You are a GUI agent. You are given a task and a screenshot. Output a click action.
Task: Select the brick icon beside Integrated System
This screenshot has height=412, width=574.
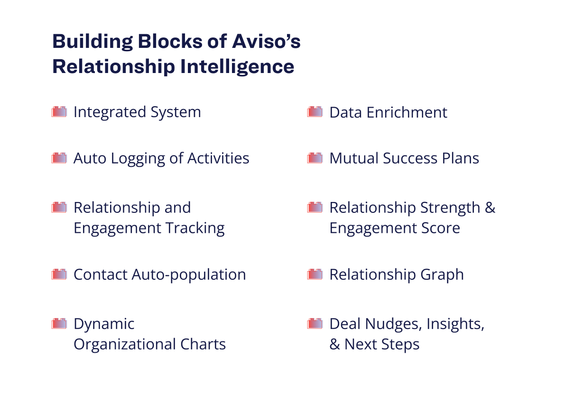click(x=59, y=112)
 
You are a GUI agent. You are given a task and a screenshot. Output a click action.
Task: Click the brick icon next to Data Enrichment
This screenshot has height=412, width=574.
click(x=315, y=112)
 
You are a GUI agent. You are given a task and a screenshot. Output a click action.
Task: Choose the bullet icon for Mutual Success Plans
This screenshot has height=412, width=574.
click(x=315, y=158)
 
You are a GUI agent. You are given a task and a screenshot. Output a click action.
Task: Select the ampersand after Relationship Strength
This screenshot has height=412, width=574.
click(x=490, y=208)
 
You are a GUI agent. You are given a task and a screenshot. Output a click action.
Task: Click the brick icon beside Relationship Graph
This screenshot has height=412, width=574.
click(x=315, y=274)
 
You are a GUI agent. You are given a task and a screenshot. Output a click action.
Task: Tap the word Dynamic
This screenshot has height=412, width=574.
click(x=104, y=324)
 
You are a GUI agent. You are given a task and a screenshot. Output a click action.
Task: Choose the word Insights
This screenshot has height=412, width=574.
click(x=455, y=324)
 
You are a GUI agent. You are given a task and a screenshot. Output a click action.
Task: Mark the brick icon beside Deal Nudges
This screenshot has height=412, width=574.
click(x=315, y=323)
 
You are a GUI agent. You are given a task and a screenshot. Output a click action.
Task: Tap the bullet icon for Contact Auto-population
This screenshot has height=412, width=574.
click(x=59, y=274)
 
